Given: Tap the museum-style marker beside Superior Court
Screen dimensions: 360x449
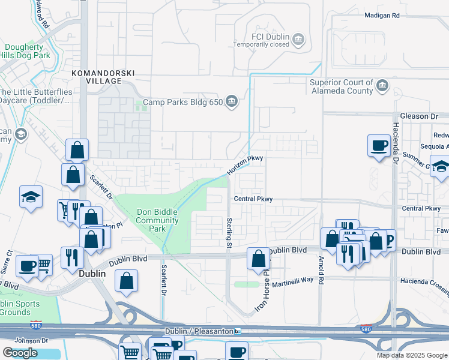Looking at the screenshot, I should click(382, 87).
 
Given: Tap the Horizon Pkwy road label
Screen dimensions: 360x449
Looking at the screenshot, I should click(246, 166).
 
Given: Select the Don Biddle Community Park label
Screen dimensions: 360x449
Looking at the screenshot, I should click(158, 220).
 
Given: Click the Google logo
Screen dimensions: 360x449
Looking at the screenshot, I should click(20, 353).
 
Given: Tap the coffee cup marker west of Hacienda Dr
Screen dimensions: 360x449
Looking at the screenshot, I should click(378, 146).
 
